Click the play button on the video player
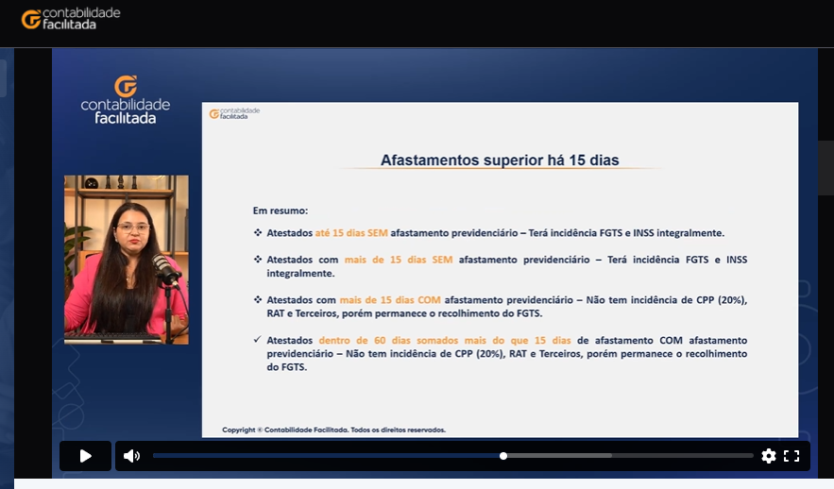pyautogui.click(x=85, y=456)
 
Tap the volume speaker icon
pyautogui.click(x=131, y=456)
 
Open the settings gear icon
pyautogui.click(x=769, y=456)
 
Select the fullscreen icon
pyautogui.click(x=791, y=456)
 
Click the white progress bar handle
pyautogui.click(x=503, y=456)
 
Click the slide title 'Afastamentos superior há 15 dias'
pyautogui.click(x=500, y=160)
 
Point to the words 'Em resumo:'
pyautogui.click(x=281, y=211)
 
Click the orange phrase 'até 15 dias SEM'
pyautogui.click(x=351, y=233)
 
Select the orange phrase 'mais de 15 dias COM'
pyautogui.click(x=390, y=300)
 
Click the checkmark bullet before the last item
pyautogui.click(x=258, y=339)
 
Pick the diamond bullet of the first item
pyautogui.click(x=258, y=232)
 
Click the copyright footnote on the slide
pyautogui.click(x=333, y=430)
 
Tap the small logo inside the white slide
pyautogui.click(x=234, y=113)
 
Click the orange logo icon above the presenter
pyautogui.click(x=126, y=86)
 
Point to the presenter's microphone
pyautogui.click(x=166, y=270)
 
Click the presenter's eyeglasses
pyautogui.click(x=133, y=228)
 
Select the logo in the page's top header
pyautogui.click(x=71, y=19)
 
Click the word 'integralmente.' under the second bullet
pyautogui.click(x=300, y=273)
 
